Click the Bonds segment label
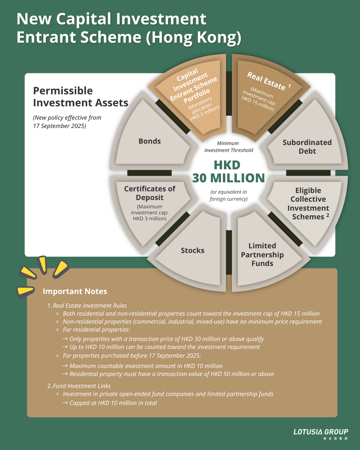tap(150, 141)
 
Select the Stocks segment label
tap(193, 251)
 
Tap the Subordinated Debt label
tap(307, 147)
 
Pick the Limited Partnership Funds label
tap(262, 255)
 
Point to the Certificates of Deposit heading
tap(150, 193)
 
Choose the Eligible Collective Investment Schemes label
tap(308, 204)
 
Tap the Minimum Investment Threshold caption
tap(228, 147)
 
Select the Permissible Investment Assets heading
tap(80, 97)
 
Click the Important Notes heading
tap(75, 291)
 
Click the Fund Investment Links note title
tap(82, 386)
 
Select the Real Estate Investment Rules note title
tap(90, 306)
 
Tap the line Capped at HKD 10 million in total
tap(113, 403)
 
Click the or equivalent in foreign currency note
tap(229, 195)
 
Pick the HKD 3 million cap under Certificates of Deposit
tap(150, 219)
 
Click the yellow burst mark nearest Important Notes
tap(25, 291)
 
